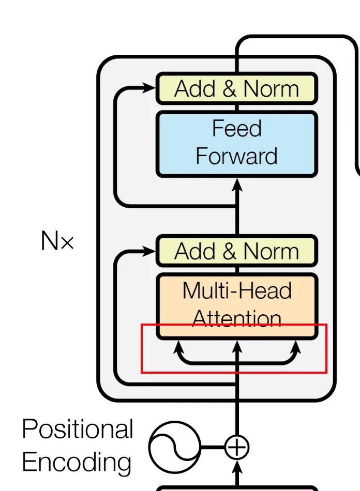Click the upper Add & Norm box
coord(237,88)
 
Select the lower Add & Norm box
coord(237,251)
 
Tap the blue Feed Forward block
coord(237,144)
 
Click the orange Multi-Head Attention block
coord(237,306)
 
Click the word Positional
coord(78,429)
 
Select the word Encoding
coord(77,462)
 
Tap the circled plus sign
coord(237,447)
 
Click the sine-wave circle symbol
coord(174,447)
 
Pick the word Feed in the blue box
coord(237,128)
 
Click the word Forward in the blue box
coord(237,156)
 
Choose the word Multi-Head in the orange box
coord(237,290)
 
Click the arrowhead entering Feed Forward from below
coord(237,185)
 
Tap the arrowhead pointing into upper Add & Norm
coord(149,88)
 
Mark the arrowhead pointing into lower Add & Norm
coord(149,251)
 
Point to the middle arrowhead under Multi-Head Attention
coord(237,347)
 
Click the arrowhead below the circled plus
coord(237,467)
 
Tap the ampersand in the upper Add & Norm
coord(230,88)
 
